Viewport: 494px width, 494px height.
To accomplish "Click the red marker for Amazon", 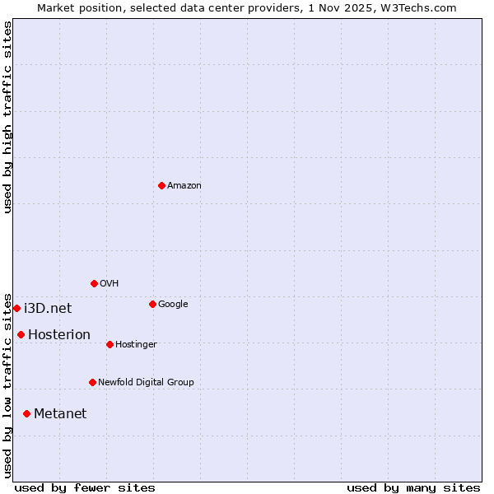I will [x=161, y=185].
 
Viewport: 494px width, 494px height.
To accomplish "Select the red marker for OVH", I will [x=94, y=283].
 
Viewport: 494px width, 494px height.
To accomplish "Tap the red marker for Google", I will [x=152, y=304].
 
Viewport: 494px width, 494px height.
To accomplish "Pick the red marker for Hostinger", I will [x=110, y=344].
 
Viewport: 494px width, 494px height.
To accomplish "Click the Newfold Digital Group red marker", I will [x=92, y=382].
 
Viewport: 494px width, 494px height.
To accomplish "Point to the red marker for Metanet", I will [x=26, y=413].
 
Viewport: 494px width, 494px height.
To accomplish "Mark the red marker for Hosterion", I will [x=21, y=334].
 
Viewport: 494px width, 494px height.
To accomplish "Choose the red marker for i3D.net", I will [x=16, y=308].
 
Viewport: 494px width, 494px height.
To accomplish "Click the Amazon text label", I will [x=184, y=186].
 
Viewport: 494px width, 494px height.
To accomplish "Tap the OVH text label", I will [x=110, y=284].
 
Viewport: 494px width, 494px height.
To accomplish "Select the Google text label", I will [x=173, y=305].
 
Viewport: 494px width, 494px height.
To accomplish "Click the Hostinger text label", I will [x=136, y=345].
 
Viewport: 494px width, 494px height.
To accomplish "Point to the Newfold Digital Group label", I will [x=146, y=383].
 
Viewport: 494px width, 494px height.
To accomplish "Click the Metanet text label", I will [x=60, y=414].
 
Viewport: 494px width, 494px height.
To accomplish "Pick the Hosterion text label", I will [x=59, y=335].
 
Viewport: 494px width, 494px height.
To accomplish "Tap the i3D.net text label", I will [x=48, y=309].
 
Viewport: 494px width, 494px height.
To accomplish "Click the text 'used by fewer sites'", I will [x=85, y=487].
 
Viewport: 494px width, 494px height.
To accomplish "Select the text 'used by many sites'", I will [x=413, y=487].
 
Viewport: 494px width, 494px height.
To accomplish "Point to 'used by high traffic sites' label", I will [x=8, y=117].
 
